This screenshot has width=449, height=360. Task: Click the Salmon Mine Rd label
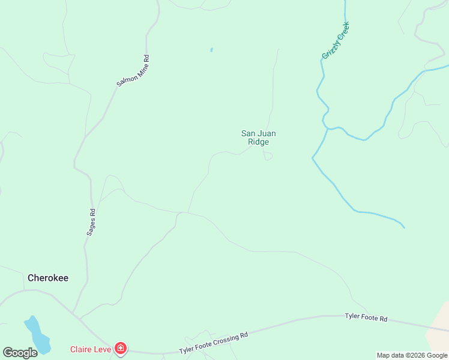pos(133,71)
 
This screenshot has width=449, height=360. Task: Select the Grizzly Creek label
pos(336,40)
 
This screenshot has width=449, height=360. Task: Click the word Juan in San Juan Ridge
pos(267,133)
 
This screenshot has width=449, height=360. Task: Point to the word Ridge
pos(258,142)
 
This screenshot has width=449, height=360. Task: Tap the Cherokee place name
pos(48,278)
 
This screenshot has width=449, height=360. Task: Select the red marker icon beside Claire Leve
pos(121,348)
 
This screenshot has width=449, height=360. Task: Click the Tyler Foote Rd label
pos(366,317)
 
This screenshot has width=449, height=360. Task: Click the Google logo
pos(20,352)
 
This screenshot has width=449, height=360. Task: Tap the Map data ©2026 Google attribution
pos(412,355)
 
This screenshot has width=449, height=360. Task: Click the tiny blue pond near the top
pos(211,50)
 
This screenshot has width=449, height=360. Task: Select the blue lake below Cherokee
pos(37,335)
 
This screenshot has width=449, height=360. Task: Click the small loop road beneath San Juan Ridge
pos(268,157)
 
